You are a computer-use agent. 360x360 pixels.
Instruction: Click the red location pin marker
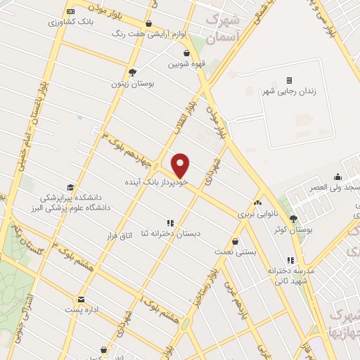click(x=181, y=165)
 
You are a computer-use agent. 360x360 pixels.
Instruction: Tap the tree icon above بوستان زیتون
click(x=132, y=72)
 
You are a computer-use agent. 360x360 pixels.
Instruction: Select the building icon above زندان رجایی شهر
click(x=289, y=81)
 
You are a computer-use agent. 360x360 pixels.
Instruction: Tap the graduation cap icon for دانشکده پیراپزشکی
click(x=70, y=186)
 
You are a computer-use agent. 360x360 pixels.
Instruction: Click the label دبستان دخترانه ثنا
click(x=169, y=233)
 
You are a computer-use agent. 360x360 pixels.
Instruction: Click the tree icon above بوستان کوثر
click(x=293, y=219)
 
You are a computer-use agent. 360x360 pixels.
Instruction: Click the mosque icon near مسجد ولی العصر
click(x=337, y=176)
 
